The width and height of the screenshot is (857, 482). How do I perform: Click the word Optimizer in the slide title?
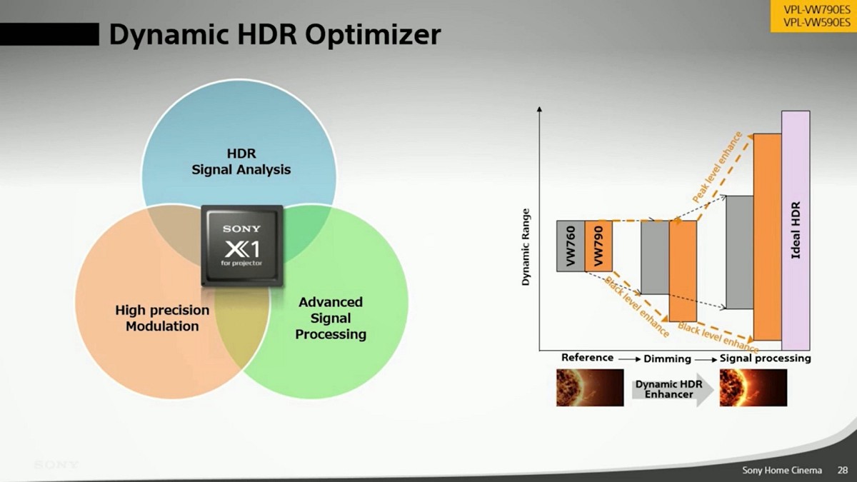point(373,35)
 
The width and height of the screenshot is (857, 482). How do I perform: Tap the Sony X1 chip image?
point(242,246)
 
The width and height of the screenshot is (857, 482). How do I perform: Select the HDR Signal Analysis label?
point(241,161)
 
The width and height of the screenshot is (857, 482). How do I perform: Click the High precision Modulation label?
point(162,318)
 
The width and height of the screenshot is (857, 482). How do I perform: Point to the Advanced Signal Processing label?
point(331,318)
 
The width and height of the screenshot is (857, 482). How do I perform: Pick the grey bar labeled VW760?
point(571,246)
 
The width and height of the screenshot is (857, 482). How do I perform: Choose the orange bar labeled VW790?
point(598,246)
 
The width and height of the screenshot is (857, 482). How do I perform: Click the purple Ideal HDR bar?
point(796,230)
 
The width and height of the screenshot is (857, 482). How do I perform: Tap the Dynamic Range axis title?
point(526,247)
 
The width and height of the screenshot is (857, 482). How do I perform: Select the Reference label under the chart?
point(587,358)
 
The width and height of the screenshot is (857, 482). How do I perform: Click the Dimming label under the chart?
point(667,358)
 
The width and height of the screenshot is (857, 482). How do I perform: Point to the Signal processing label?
point(765,358)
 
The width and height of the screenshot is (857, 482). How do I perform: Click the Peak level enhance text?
point(717,167)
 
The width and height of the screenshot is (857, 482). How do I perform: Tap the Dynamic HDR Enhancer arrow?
point(673,390)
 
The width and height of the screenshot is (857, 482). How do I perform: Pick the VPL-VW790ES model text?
point(816,10)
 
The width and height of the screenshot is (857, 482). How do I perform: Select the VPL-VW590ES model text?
point(816,23)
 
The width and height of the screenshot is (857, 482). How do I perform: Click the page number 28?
point(842,470)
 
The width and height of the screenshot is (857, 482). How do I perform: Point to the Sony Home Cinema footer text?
point(782,470)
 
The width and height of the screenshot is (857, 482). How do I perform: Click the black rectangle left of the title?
point(49,34)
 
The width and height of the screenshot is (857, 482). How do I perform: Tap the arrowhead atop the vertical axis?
point(539,109)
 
